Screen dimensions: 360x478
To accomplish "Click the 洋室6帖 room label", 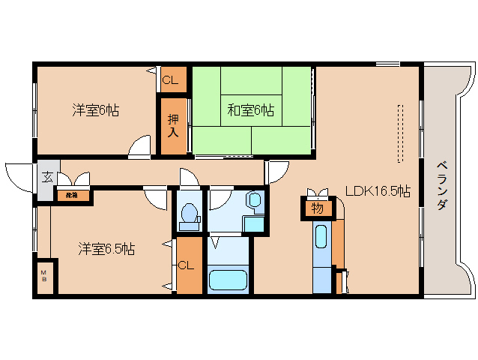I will (95, 110).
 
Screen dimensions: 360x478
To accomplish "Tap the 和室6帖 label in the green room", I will (250, 110).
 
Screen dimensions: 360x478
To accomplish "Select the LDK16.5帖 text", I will (377, 191).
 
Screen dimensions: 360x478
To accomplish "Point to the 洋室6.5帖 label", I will (106, 249).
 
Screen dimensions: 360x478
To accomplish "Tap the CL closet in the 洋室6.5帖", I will (187, 265).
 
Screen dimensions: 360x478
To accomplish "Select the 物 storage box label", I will (316, 208).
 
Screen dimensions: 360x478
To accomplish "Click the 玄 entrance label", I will (46, 178).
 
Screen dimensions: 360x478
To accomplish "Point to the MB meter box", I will (43, 275).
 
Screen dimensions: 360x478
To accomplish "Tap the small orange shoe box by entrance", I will (72, 196).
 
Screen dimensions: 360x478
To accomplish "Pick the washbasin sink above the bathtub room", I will (255, 200).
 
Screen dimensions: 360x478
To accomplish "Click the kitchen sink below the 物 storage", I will (321, 238).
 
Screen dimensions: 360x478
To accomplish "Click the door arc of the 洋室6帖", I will (139, 148).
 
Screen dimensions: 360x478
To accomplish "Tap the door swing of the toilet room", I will (188, 180).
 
